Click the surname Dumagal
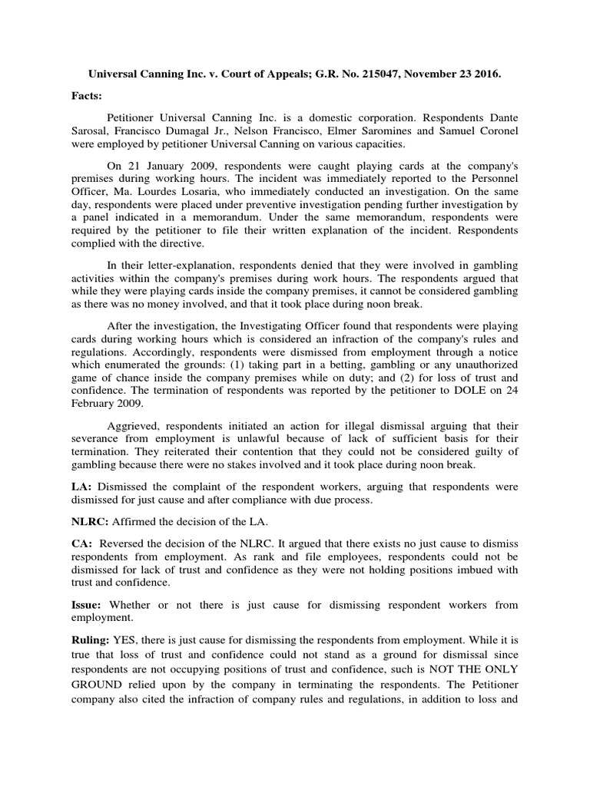[x=201, y=130]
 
